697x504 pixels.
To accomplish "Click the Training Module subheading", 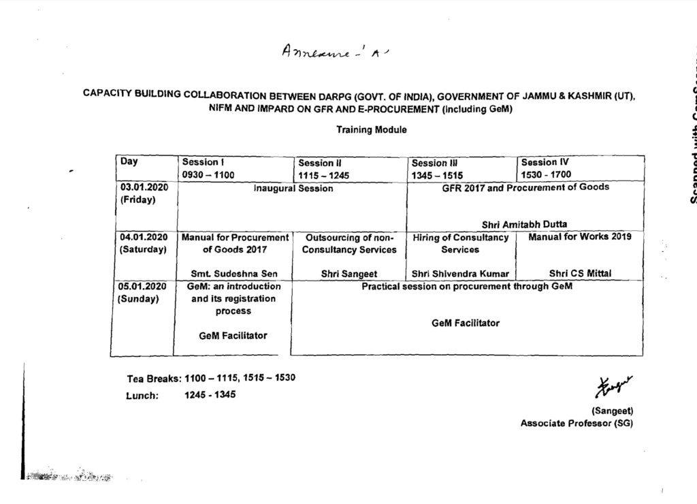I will coord(371,130).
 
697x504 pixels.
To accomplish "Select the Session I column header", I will coord(202,162).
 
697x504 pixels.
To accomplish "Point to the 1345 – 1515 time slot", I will coord(437,175).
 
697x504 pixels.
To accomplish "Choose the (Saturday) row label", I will coord(143,250).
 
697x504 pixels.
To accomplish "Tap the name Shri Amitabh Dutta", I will coord(524,224).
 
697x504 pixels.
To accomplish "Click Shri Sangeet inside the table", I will coord(349,274).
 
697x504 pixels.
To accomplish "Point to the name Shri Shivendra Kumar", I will coord(460,274).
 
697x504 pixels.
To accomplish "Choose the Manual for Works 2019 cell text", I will coord(580,237).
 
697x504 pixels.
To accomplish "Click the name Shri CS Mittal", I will coord(580,274).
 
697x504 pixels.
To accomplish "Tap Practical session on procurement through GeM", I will coord(467,287).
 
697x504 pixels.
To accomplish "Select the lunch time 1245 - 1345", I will coord(210,395).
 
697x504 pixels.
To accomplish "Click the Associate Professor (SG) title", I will coord(577,423).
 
